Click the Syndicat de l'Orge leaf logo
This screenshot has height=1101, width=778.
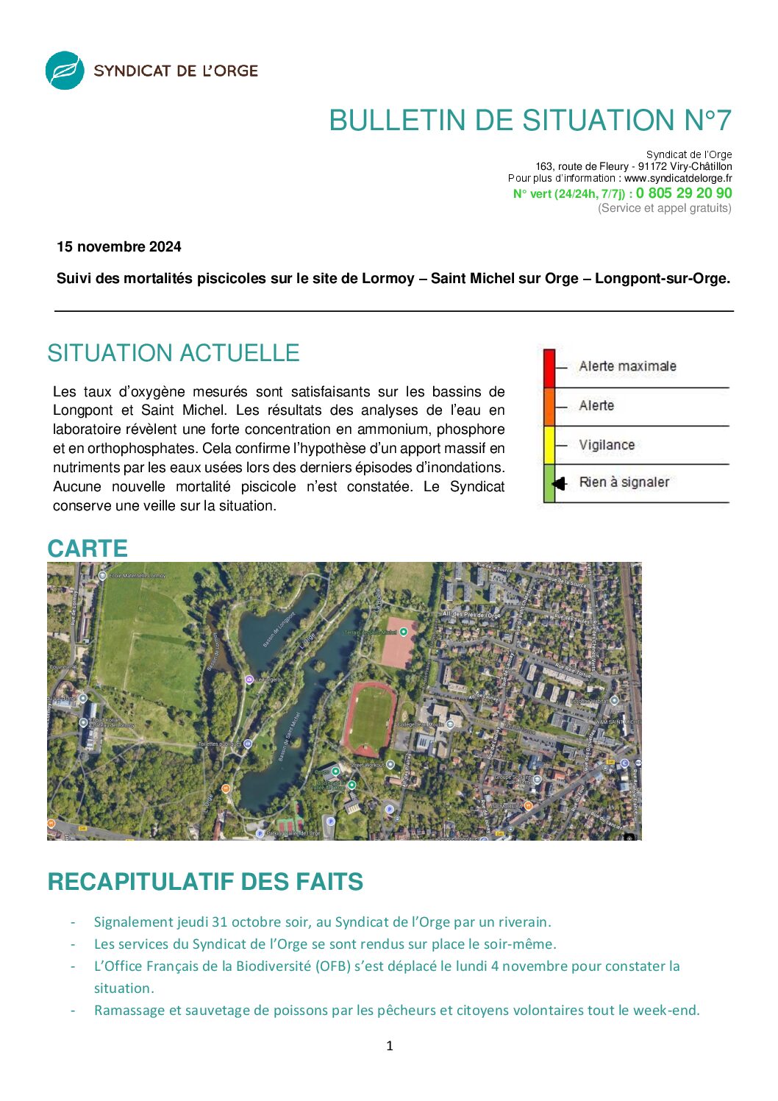pyautogui.click(x=65, y=71)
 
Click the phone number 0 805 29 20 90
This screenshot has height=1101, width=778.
pyautogui.click(x=684, y=193)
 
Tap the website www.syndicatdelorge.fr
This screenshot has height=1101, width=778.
pyautogui.click(x=678, y=178)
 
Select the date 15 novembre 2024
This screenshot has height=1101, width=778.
pyautogui.click(x=119, y=247)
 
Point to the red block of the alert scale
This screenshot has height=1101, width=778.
pyautogui.click(x=549, y=368)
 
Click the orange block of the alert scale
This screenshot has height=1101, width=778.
pyautogui.click(x=549, y=407)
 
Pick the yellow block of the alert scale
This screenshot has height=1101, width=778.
pyautogui.click(x=549, y=445)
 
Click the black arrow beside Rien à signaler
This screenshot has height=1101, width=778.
pyautogui.click(x=560, y=483)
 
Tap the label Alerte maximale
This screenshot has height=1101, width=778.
pyautogui.click(x=627, y=366)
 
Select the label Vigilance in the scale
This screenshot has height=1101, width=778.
pyautogui.click(x=607, y=445)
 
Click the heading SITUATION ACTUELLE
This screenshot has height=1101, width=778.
pyautogui.click(x=174, y=353)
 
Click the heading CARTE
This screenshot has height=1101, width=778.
pyautogui.click(x=88, y=549)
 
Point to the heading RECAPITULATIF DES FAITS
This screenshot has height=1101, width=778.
pyautogui.click(x=205, y=882)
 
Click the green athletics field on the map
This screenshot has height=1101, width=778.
pyautogui.click(x=371, y=718)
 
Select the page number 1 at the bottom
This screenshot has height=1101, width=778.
pyautogui.click(x=390, y=1046)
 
